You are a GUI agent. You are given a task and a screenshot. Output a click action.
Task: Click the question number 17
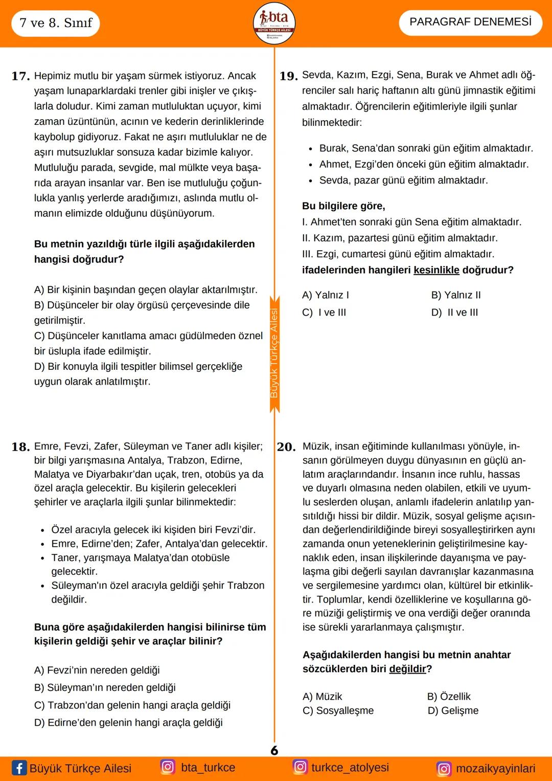pyautogui.click(x=20, y=76)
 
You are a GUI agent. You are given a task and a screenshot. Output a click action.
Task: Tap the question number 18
pyautogui.click(x=20, y=447)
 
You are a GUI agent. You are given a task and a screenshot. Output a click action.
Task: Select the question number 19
pyautogui.click(x=288, y=76)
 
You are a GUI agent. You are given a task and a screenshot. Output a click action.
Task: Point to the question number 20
pyautogui.click(x=286, y=447)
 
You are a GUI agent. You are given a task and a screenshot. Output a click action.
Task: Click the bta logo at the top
pyautogui.click(x=274, y=24)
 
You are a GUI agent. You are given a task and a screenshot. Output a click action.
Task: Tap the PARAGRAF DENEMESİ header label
pyautogui.click(x=470, y=22)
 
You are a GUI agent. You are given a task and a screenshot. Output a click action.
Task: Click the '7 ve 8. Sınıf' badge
pyautogui.click(x=56, y=23)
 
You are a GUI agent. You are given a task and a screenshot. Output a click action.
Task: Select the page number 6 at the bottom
pyautogui.click(x=274, y=750)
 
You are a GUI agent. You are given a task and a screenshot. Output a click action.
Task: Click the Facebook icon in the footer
pyautogui.click(x=19, y=768)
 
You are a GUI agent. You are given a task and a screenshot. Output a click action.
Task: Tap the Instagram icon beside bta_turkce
pyautogui.click(x=168, y=767)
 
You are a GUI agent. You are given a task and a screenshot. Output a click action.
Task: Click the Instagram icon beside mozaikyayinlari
pyautogui.click(x=444, y=769)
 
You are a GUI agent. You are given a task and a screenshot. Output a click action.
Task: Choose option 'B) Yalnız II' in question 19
pyautogui.click(x=456, y=295)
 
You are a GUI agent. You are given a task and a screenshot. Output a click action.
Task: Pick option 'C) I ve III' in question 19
pyautogui.click(x=324, y=313)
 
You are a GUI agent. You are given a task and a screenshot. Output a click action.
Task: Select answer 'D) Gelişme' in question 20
pyautogui.click(x=453, y=710)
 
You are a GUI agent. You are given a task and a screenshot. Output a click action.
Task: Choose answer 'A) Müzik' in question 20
pyautogui.click(x=322, y=697)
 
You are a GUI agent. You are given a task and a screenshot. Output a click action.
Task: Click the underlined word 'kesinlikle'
pyautogui.click(x=436, y=270)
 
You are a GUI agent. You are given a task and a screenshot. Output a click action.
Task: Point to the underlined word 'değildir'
pyautogui.click(x=407, y=669)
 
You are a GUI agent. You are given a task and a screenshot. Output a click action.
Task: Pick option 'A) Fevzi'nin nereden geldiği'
pyautogui.click(x=97, y=670)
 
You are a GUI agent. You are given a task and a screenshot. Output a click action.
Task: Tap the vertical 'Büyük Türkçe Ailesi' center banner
pyautogui.click(x=274, y=353)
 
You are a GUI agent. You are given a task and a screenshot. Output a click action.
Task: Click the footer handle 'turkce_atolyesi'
pyautogui.click(x=350, y=767)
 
